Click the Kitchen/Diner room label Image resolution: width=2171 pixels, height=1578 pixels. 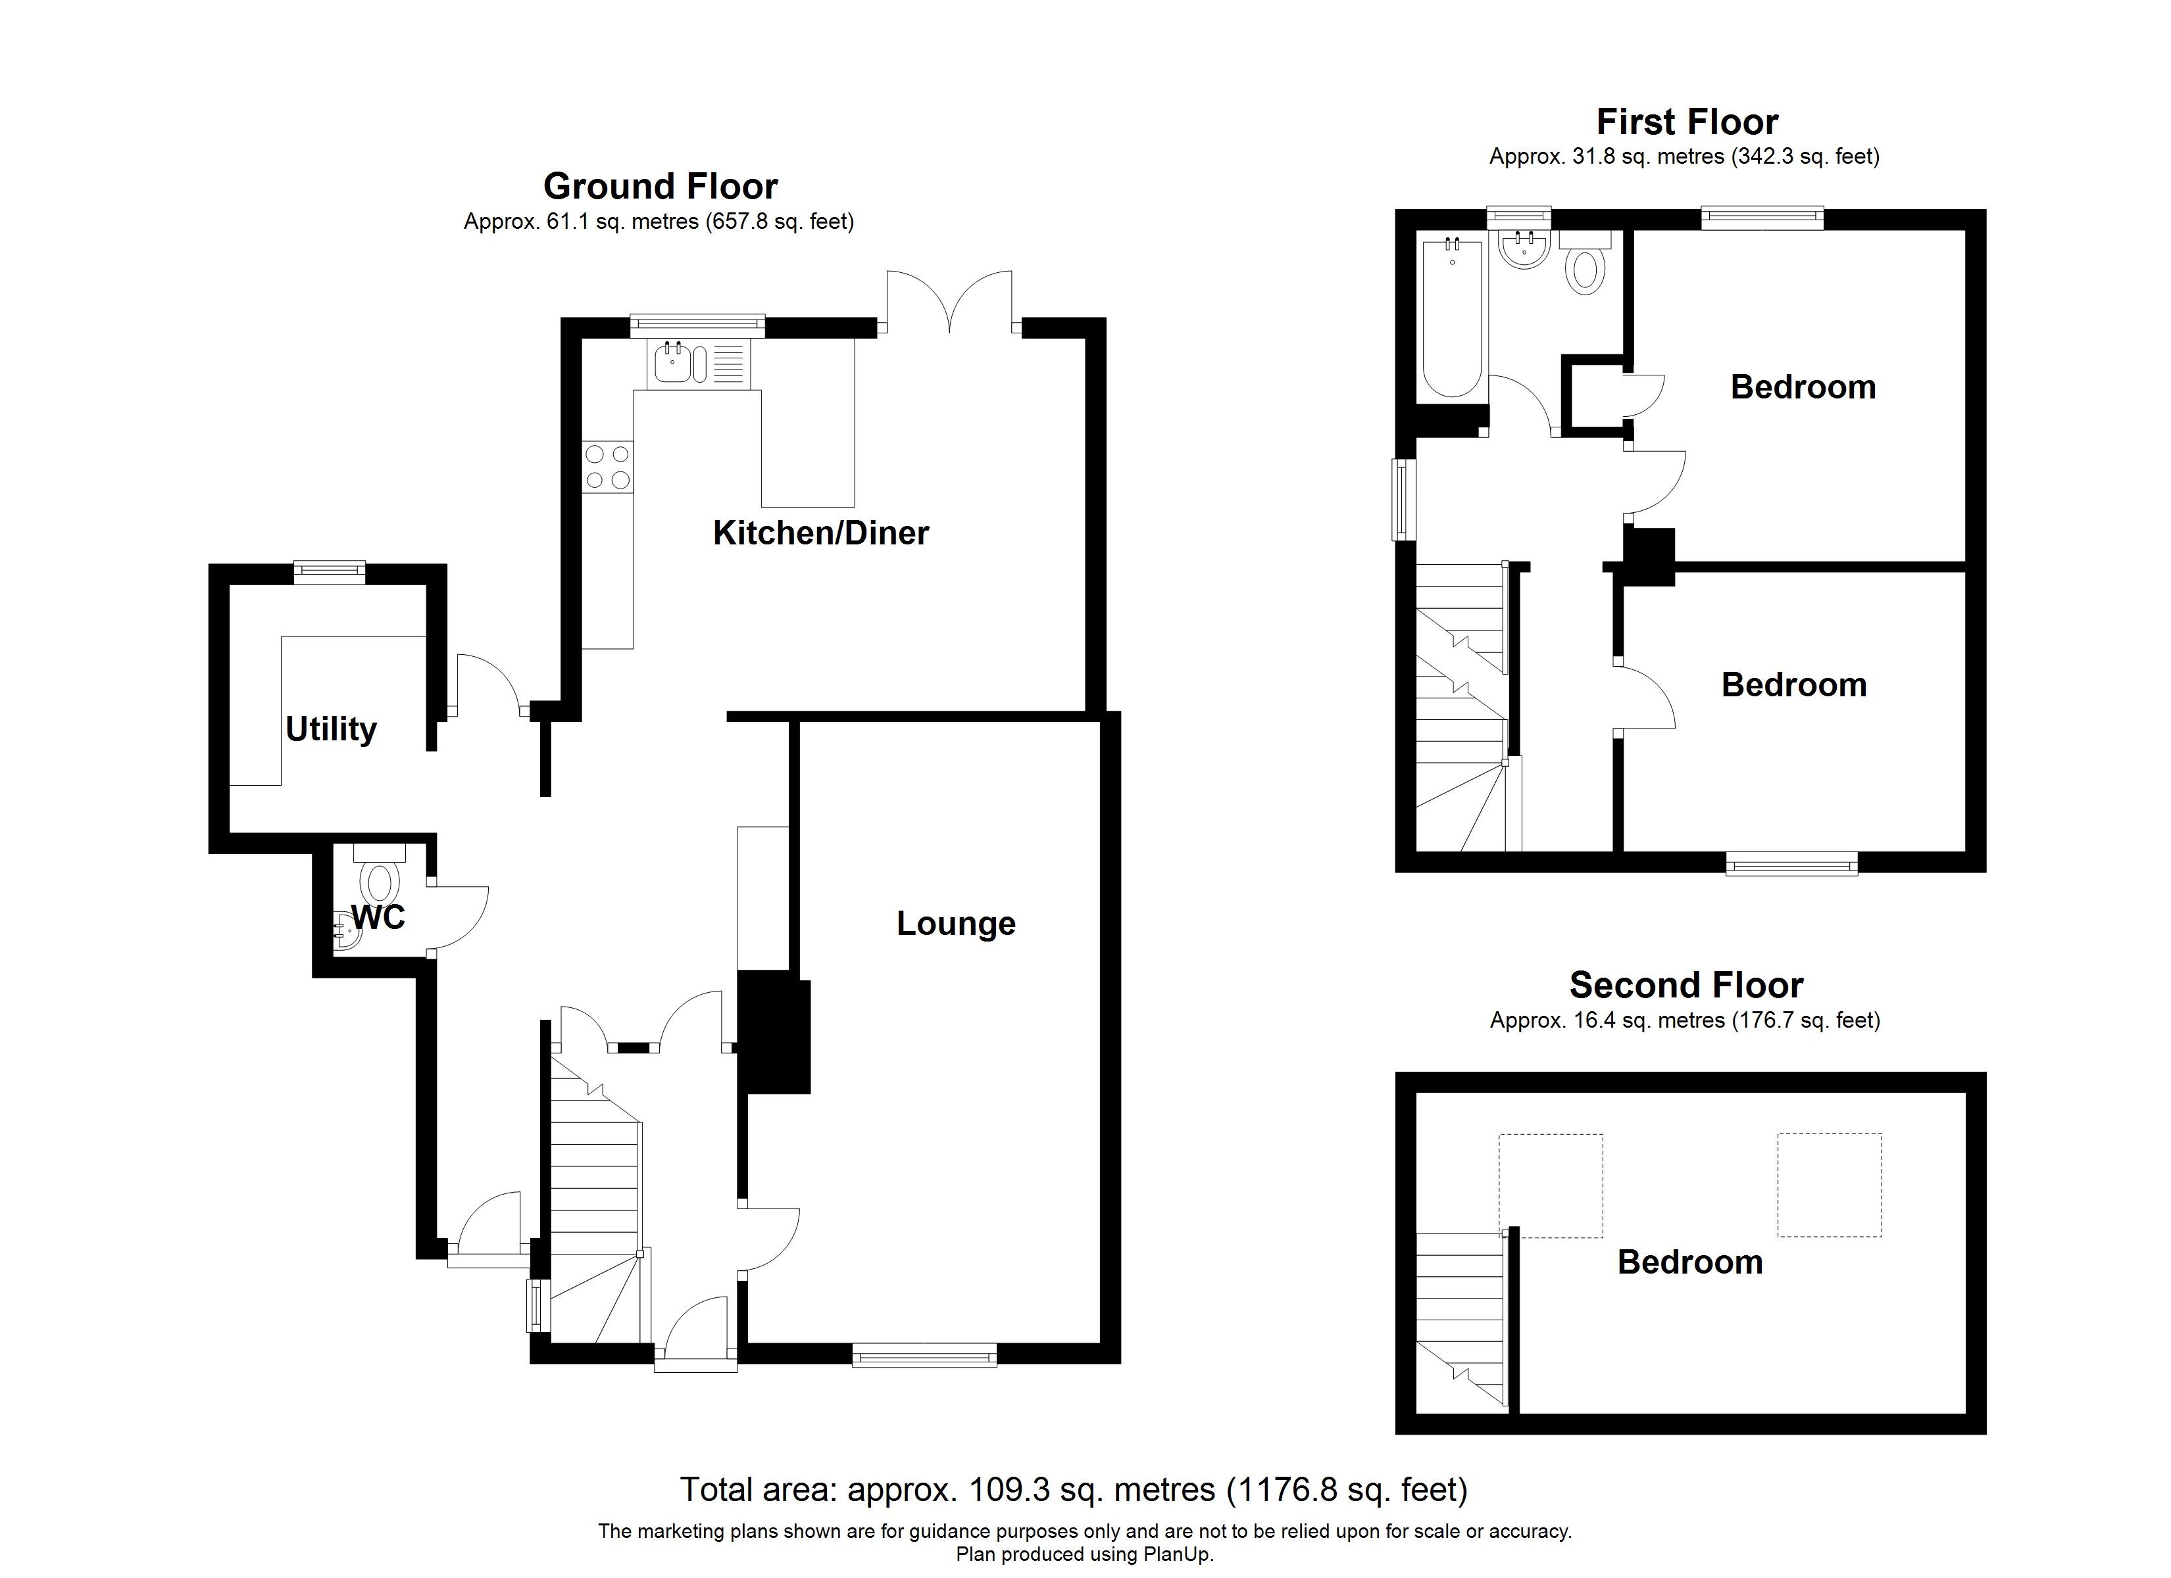[x=820, y=533]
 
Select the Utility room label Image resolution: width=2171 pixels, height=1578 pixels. [x=331, y=729]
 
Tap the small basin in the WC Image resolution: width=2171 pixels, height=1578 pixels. [x=347, y=930]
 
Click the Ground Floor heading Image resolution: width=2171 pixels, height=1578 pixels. [x=660, y=185]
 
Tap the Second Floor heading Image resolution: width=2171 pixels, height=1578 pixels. [x=1685, y=985]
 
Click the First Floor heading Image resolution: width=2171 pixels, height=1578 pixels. [x=1687, y=122]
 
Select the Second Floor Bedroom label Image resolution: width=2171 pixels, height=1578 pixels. [x=1689, y=1262]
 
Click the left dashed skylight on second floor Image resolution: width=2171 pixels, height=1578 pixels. [x=1551, y=1185]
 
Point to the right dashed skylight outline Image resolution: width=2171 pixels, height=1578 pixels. [x=1830, y=1185]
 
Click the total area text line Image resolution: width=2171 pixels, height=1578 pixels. [x=1073, y=1490]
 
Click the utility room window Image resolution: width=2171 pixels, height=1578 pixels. [x=330, y=572]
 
